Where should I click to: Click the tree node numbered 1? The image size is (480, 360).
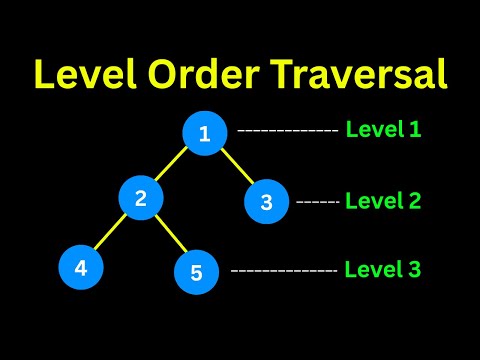pos(204,134)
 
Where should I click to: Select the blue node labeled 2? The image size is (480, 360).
pos(140,198)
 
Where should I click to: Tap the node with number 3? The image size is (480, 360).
pos(266,202)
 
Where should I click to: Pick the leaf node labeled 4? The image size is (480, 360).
pos(80,267)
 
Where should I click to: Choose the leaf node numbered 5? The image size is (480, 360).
pos(196,271)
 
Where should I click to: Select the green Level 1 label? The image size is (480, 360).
pos(383,129)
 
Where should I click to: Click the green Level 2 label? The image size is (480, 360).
pos(383,200)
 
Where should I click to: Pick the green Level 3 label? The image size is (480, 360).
pos(383,269)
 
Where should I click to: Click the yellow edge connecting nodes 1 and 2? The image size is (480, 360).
pos(172,166)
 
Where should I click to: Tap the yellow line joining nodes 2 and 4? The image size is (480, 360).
pos(110,232)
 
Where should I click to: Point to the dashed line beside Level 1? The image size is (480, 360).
pos(288,131)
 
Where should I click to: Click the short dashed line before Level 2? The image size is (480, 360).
pos(318,202)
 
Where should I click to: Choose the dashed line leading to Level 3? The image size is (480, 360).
pos(284,271)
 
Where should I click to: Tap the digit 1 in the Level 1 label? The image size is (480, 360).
pos(414,129)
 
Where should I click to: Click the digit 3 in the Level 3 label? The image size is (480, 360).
pos(414,269)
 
